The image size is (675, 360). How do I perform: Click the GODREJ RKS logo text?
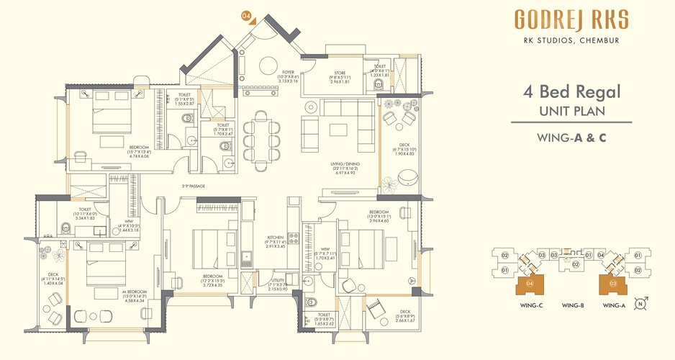coord(571,20)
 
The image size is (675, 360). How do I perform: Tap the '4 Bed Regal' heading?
coord(571,93)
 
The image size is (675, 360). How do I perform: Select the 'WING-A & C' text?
coord(571,137)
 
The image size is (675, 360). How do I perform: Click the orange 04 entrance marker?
coord(246,15)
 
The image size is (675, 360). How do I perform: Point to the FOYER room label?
coord(288,73)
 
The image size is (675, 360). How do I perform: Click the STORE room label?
coord(339,73)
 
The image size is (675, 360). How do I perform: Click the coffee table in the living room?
coord(340,130)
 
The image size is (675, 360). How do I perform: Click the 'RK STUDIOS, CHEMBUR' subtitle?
coord(571,40)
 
